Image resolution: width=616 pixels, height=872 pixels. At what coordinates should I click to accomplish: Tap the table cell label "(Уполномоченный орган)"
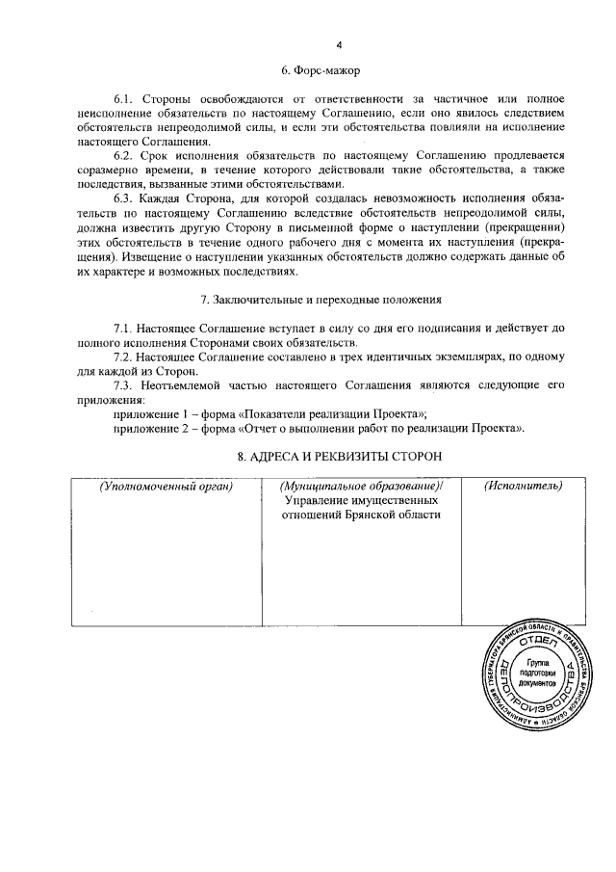click(168, 486)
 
